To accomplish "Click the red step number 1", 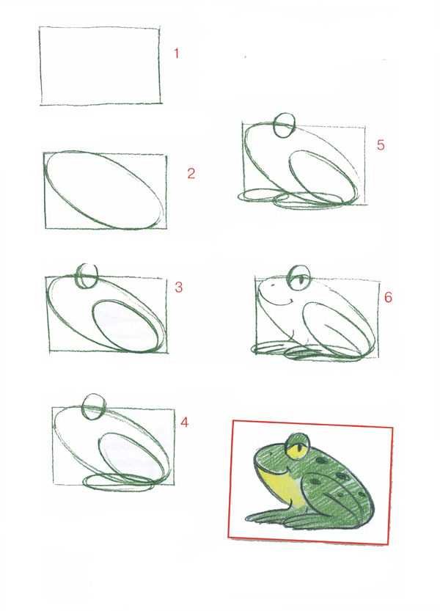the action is coord(177,54).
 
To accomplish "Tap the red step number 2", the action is coord(191,173).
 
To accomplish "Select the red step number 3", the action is coord(178,288).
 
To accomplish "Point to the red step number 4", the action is coord(184,422).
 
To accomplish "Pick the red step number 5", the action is coord(381,145).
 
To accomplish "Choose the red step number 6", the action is coord(388,297).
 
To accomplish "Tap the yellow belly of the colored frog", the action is coord(282,484).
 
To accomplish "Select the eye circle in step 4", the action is coord(94,407).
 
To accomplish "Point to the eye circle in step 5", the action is coord(283,125).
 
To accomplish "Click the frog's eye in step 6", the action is coord(299,277).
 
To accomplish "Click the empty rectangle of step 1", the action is coord(40,65).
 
